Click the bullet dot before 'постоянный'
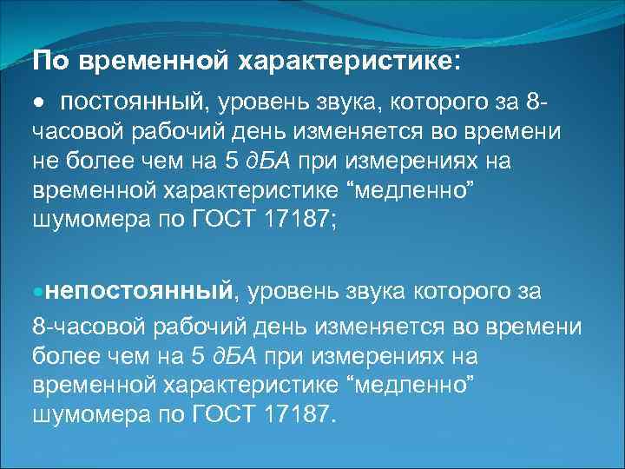[x=38, y=103]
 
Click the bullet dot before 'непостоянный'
[x=37, y=289]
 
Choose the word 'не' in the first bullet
[x=44, y=162]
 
